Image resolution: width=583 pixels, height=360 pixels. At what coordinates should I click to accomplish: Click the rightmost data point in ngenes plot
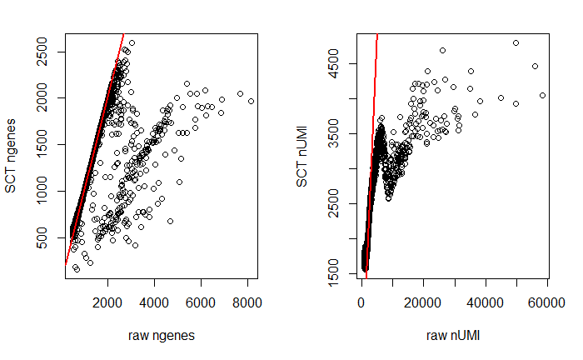251,101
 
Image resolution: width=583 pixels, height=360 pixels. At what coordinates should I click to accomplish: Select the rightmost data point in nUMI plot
542,95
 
